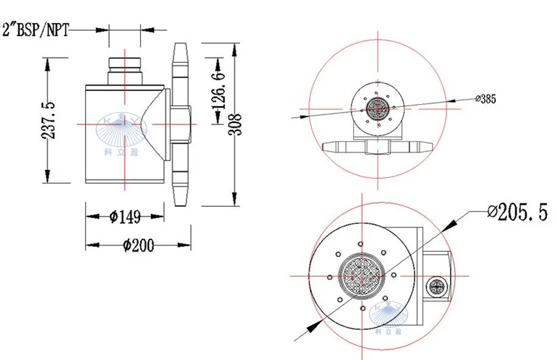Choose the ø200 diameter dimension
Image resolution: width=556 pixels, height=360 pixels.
(138, 245)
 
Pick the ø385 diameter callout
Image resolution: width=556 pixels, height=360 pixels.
(486, 99)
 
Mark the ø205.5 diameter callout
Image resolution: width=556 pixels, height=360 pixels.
(517, 213)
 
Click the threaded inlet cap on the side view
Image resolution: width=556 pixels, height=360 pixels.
(124, 65)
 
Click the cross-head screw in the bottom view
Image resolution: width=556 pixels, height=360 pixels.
(436, 285)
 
